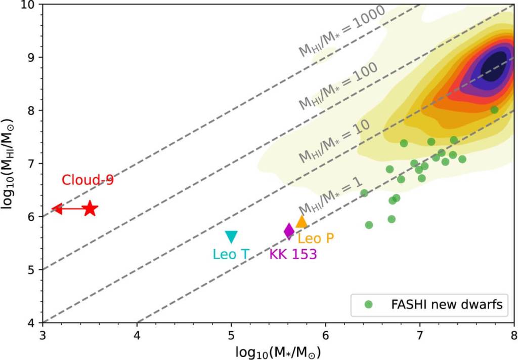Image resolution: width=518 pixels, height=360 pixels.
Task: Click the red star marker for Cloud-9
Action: pyautogui.click(x=90, y=208)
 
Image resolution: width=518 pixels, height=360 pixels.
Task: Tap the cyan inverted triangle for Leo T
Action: pyautogui.click(x=231, y=236)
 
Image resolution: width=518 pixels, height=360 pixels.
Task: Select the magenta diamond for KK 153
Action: pyautogui.click(x=289, y=231)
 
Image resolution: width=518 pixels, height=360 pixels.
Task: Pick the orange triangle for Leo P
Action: pyautogui.click(x=301, y=222)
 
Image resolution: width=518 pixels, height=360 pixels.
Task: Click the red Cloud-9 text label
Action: pyautogui.click(x=88, y=180)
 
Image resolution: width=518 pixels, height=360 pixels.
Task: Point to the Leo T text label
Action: pyautogui.click(x=231, y=254)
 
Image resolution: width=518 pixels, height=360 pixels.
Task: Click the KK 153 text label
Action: pyautogui.click(x=293, y=254)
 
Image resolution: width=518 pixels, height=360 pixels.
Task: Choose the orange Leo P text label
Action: pyautogui.click(x=316, y=238)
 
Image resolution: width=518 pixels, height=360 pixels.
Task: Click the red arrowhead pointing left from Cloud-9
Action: pyautogui.click(x=57, y=209)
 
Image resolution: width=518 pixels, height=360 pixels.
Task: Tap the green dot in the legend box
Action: pyautogui.click(x=369, y=304)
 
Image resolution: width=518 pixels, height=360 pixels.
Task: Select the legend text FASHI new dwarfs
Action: pyautogui.click(x=446, y=304)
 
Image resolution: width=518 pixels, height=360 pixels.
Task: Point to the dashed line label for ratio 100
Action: pyautogui.click(x=337, y=86)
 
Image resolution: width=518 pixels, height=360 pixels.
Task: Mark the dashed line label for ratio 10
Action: pyautogui.click(x=334, y=141)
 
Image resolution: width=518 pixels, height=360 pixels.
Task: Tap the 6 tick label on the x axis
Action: pyautogui.click(x=325, y=334)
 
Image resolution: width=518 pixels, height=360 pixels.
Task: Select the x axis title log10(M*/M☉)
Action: pyautogui.click(x=278, y=351)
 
